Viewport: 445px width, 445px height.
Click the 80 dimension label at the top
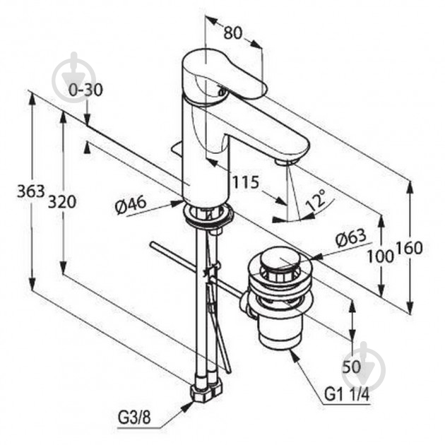pos(232,32)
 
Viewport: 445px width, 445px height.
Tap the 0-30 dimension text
pos(85,90)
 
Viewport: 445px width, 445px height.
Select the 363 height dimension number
pos(31,191)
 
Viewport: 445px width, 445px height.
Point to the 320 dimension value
pos(62,202)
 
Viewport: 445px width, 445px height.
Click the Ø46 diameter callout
pos(131,205)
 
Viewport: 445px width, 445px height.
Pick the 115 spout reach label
pos(246,182)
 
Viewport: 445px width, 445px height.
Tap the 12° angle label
pos(316,199)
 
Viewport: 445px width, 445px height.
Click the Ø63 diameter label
pos(351,238)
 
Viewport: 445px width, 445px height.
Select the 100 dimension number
pos(381,257)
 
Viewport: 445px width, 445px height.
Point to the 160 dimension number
pos(409,248)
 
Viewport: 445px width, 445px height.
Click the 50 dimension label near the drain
pos(351,367)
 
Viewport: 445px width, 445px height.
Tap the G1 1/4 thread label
pos(347,394)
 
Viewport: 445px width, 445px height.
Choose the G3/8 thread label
pos(134,417)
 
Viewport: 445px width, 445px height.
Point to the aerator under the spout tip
pos(286,162)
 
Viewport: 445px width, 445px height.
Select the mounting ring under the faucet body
pos(209,215)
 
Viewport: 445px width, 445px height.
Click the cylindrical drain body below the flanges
pos(280,331)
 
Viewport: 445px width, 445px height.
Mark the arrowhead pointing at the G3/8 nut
pos(186,407)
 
